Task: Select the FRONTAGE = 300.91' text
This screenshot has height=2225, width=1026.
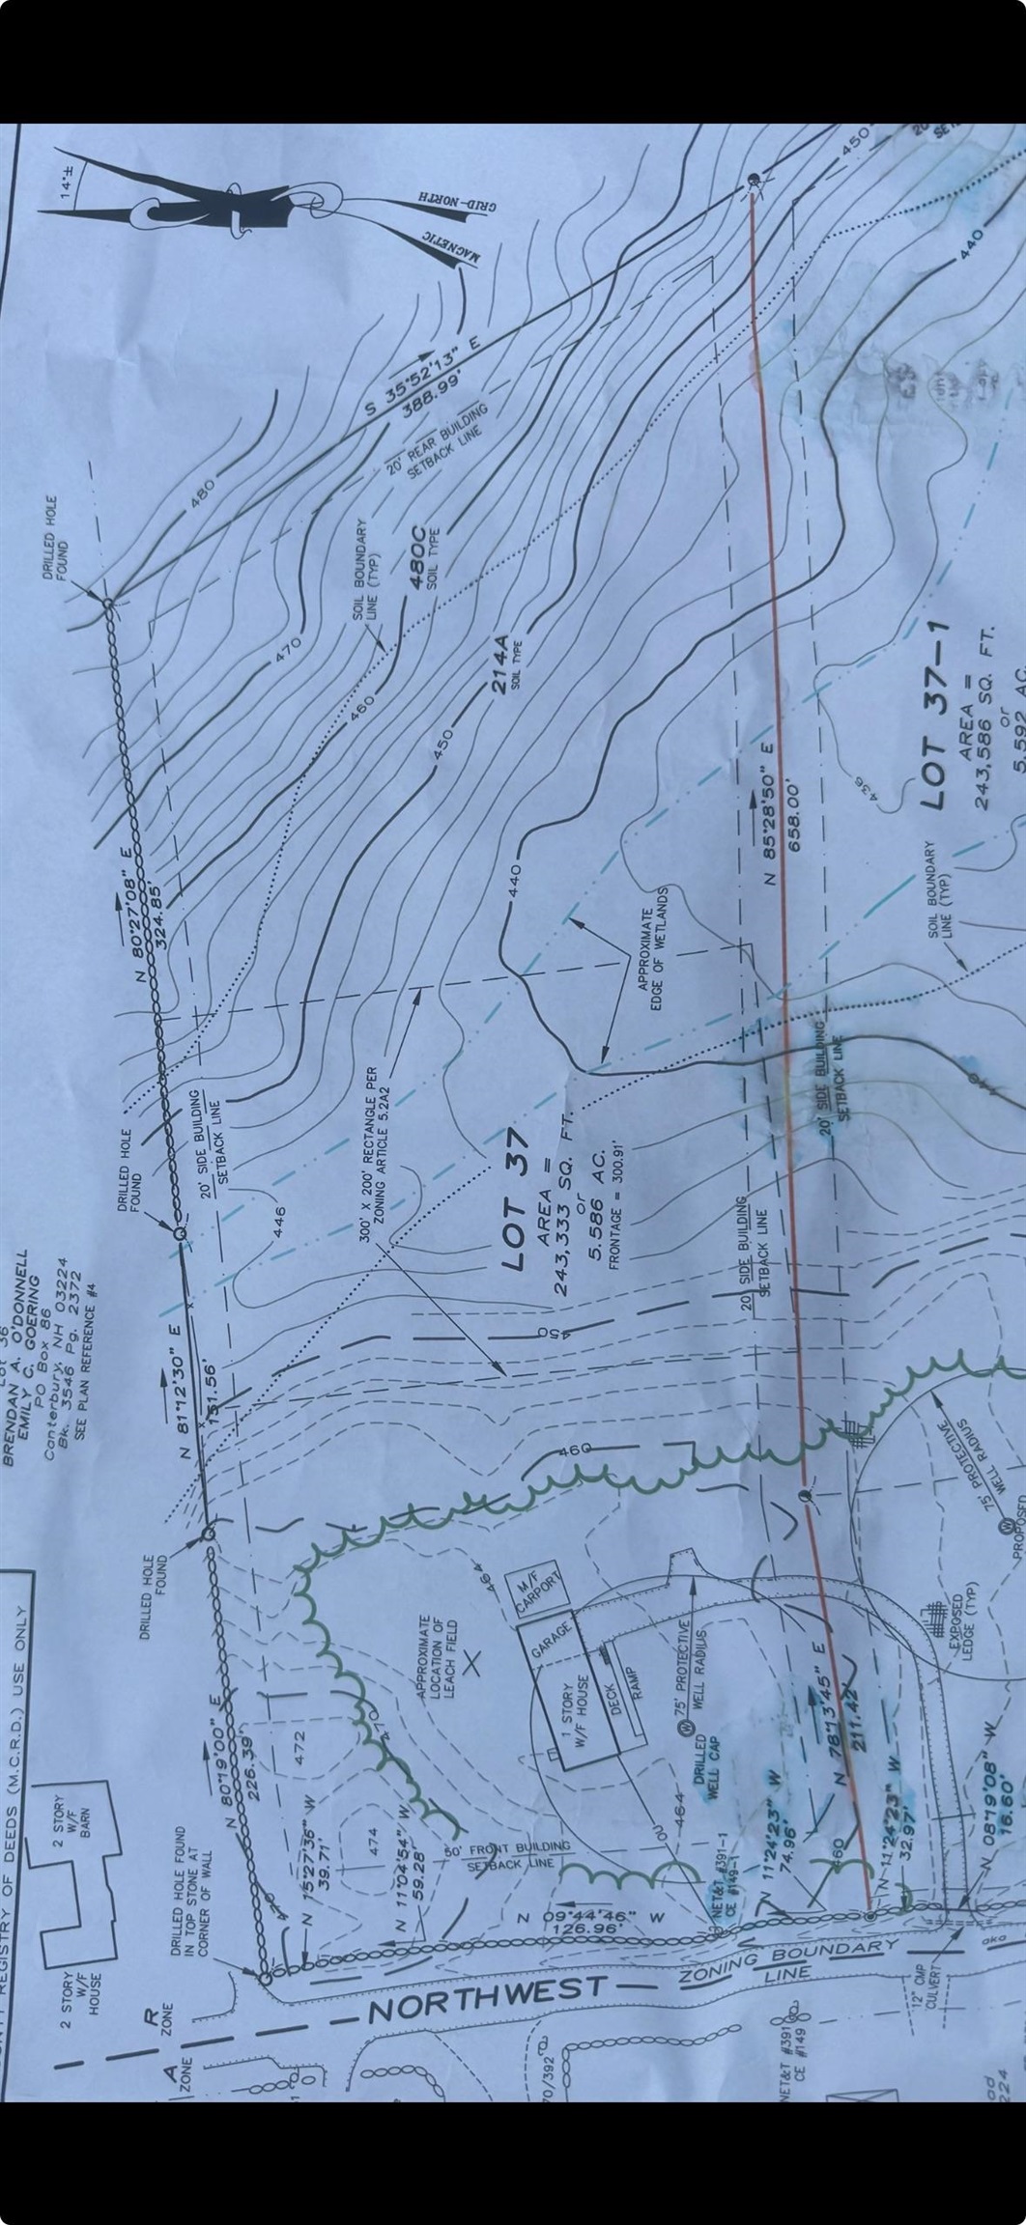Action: pyautogui.click(x=614, y=1207)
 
